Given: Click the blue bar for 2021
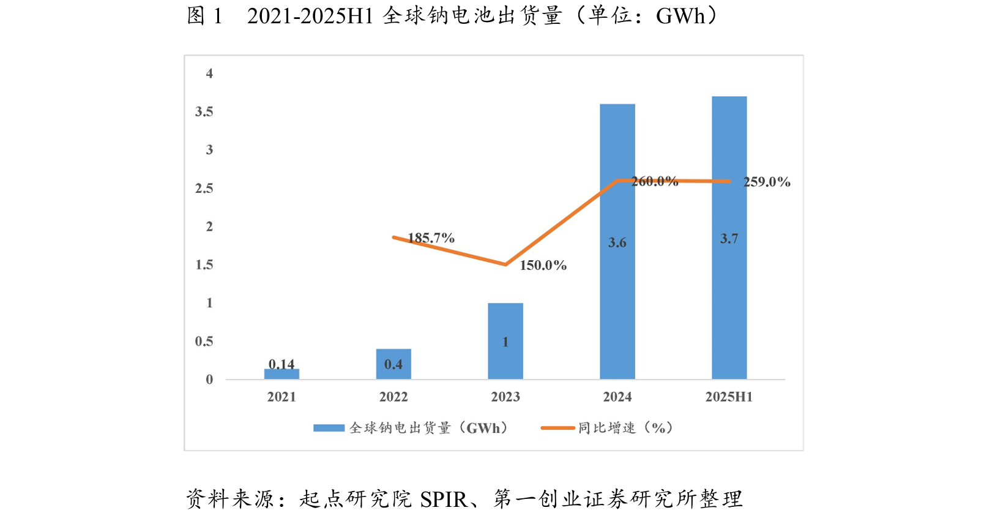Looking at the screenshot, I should click(281, 374).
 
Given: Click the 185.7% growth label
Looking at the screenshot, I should click(431, 238).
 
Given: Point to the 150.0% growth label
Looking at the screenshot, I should click(543, 265).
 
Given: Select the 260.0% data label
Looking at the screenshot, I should click(655, 181).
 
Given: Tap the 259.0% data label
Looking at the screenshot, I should click(767, 182).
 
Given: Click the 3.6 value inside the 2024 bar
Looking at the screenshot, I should click(617, 243).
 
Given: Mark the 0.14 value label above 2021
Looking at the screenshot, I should click(281, 364).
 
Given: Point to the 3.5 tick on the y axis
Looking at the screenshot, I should click(204, 111).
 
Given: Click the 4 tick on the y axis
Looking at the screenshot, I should click(209, 73).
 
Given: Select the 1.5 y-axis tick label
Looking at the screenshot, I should click(204, 264).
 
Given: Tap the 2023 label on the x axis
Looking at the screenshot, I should click(505, 397).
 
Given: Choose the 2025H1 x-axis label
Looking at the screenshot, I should click(729, 397).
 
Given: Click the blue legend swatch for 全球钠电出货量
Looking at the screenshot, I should click(329, 428).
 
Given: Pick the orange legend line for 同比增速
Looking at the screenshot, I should click(557, 428).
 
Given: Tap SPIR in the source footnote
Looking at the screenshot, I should click(443, 500).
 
